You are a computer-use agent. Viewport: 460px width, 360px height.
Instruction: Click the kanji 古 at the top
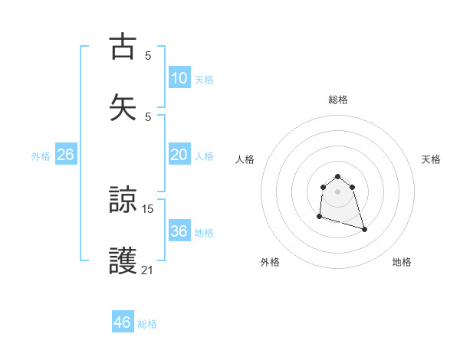click(x=123, y=47)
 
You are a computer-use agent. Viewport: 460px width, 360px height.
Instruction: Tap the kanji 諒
click(x=123, y=201)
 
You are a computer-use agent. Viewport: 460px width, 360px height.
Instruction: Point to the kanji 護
click(x=123, y=261)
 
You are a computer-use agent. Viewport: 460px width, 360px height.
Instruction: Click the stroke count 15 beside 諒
click(x=148, y=208)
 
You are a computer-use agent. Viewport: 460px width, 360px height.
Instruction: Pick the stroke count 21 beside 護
click(x=148, y=269)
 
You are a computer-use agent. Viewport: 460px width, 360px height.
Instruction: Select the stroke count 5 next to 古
click(x=148, y=55)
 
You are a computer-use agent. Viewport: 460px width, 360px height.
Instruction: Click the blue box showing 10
click(x=179, y=78)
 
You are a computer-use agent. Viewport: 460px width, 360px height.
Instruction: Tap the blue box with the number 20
click(x=179, y=155)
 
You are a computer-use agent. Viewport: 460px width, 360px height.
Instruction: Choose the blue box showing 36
click(x=179, y=231)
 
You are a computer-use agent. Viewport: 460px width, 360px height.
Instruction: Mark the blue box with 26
click(x=66, y=155)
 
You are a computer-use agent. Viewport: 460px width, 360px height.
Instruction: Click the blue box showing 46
click(x=123, y=322)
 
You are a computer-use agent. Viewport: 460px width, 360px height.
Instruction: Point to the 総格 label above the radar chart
click(x=338, y=100)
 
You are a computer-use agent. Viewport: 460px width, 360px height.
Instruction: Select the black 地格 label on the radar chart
click(x=402, y=263)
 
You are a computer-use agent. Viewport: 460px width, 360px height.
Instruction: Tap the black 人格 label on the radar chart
click(x=245, y=159)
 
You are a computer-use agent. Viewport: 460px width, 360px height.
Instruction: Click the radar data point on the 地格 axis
click(x=364, y=230)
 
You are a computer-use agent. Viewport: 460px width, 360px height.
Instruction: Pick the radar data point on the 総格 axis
click(x=338, y=175)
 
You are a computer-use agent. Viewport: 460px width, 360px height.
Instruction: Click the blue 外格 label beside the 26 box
click(x=41, y=155)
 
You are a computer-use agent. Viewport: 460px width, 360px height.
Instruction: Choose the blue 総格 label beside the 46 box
click(x=147, y=324)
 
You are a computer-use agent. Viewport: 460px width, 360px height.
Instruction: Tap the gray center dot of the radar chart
click(x=338, y=191)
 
